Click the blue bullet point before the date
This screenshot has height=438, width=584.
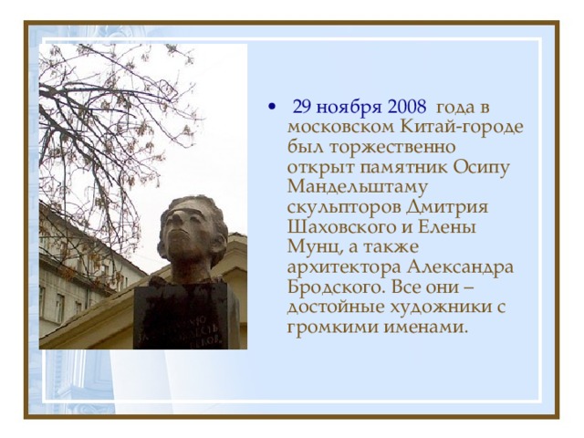click(273, 108)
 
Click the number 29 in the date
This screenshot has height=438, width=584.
click(302, 107)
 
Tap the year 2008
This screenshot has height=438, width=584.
click(407, 107)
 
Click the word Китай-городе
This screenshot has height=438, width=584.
click(462, 128)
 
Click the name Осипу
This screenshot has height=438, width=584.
click(481, 168)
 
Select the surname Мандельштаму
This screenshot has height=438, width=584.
click(358, 187)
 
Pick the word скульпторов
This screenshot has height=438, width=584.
click(344, 207)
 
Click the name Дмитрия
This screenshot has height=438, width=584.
click(447, 207)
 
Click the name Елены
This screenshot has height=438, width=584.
click(447, 227)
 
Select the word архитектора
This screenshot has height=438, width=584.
click(345, 267)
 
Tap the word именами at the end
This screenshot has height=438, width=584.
click(425, 328)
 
